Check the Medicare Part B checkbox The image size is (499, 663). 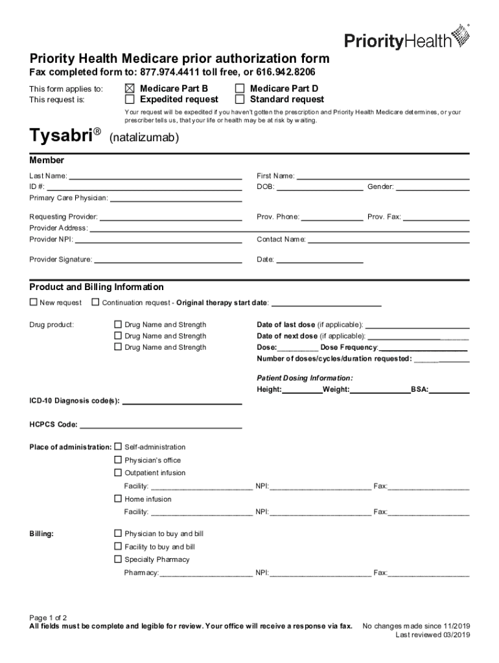pos(130,88)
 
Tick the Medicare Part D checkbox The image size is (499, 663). pos(240,88)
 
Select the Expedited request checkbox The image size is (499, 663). pos(130,100)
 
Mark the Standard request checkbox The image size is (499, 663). pos(240,100)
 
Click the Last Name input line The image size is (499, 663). pos(156,177)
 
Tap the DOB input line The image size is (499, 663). pos(320,188)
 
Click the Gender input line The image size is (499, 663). pos(432,188)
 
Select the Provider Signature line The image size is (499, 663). pos(168,262)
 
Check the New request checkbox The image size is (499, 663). pos(34,302)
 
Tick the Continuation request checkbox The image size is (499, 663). pos(96,302)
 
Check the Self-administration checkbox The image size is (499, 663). pos(118,447)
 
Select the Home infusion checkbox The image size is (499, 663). pos(118,499)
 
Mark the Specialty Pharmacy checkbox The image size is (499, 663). pos(118,559)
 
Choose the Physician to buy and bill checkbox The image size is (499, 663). pos(118,533)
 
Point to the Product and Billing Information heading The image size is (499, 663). pos(97,287)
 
